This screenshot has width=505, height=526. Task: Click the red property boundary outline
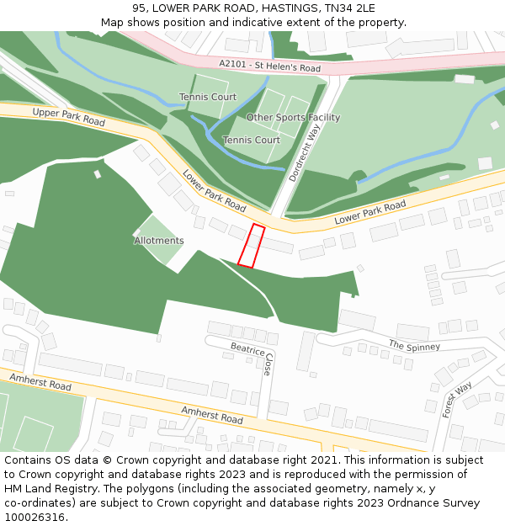pos(251,246)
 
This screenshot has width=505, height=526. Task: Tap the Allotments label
pos(159,241)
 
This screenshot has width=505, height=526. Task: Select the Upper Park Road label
pos(68,117)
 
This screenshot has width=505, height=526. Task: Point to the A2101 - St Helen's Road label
pos(269,66)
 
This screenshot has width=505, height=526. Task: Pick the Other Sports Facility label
pos(293,118)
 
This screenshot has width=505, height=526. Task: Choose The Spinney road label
pos(414,345)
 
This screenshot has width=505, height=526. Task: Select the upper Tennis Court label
pos(208,98)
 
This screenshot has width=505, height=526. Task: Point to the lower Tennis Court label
pos(251,140)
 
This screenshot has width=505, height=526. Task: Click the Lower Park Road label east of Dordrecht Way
pos(369,212)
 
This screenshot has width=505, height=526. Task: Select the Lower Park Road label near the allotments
pos(214,192)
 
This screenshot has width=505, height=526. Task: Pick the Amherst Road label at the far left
pos(40,382)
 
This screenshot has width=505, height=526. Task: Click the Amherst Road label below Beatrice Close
pos(212,414)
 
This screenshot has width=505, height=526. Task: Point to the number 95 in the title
pos(139,8)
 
